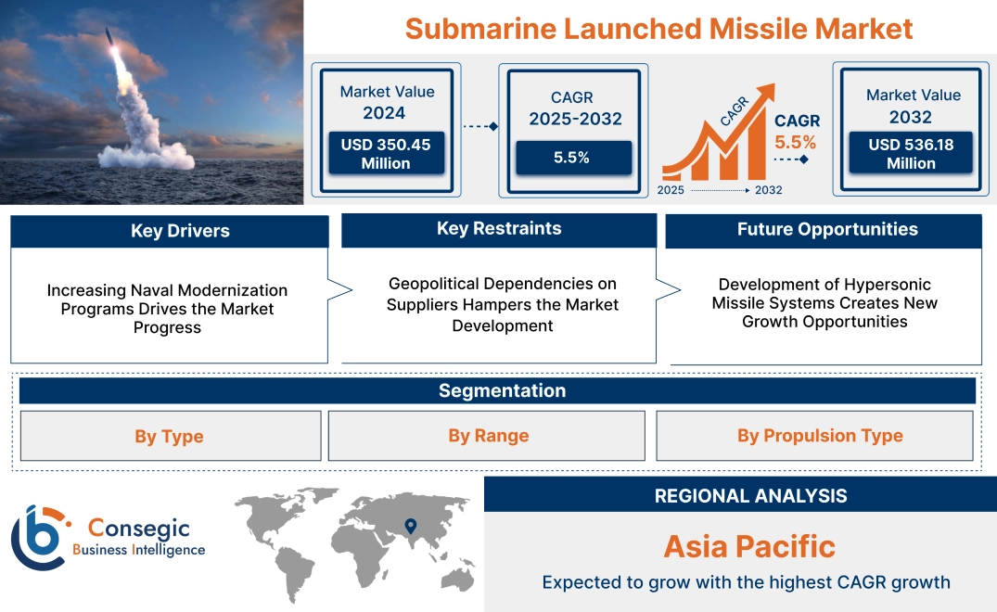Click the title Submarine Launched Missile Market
click(658, 28)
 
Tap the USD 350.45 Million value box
click(385, 153)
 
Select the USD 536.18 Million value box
click(911, 153)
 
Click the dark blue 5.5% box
click(572, 158)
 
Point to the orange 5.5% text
click(796, 142)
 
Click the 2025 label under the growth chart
click(671, 190)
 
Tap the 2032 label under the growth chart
click(768, 190)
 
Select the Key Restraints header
click(499, 229)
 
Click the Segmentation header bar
click(502, 390)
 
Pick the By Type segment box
click(169, 436)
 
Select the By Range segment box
click(488, 436)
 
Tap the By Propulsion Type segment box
click(820, 436)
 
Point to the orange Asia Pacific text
click(749, 546)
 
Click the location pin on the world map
click(409, 527)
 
